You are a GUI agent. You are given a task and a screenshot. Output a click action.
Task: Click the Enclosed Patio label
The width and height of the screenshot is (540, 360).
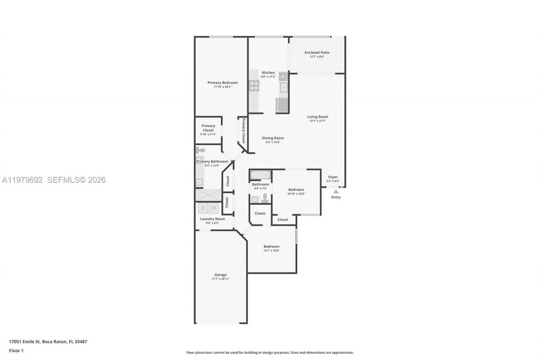pyautogui.click(x=317, y=53)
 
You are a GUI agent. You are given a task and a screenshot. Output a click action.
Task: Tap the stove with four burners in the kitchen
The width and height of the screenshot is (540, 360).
pyautogui.click(x=254, y=86)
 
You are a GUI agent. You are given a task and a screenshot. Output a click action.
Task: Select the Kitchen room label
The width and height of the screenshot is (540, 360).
pyautogui.click(x=268, y=73)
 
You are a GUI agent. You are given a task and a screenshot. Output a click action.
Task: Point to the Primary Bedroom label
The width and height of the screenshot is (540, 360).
pyautogui.click(x=222, y=83)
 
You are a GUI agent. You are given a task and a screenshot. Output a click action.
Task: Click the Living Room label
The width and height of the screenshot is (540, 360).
pyautogui.click(x=317, y=117)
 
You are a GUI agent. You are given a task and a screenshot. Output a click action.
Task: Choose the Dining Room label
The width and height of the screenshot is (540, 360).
pyautogui.click(x=273, y=138)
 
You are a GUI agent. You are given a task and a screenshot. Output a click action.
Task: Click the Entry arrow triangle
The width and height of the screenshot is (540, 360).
pyautogui.click(x=336, y=192)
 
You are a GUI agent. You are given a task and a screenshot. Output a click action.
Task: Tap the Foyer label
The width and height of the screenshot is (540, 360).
pyautogui.click(x=333, y=177)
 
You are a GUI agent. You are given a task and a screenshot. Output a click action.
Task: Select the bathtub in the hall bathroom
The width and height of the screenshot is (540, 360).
pyautogui.click(x=260, y=175)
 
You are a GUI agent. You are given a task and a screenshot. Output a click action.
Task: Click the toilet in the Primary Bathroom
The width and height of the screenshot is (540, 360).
pyautogui.click(x=200, y=150)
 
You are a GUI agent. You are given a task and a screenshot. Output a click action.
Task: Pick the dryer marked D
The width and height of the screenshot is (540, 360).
pyautogui.click(x=203, y=208)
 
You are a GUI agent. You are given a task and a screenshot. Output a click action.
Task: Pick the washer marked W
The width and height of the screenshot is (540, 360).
pyautogui.click(x=214, y=208)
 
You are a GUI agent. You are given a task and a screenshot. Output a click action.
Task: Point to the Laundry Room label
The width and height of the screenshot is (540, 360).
pyautogui.click(x=212, y=219)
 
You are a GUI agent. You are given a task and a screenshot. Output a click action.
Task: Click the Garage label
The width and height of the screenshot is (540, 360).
pyautogui.click(x=220, y=275)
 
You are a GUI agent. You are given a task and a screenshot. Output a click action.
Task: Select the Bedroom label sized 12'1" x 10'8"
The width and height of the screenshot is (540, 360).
pyautogui.click(x=271, y=246)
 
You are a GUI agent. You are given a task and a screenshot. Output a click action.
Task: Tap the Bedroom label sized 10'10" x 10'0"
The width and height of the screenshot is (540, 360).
pyautogui.click(x=296, y=190)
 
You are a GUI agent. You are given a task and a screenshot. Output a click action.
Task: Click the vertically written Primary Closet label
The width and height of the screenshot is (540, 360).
pyautogui.click(x=243, y=131)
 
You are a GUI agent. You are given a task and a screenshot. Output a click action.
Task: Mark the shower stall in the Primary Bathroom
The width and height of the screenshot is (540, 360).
pyautogui.click(x=208, y=195)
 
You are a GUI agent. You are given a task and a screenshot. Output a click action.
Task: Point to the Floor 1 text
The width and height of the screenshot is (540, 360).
pyautogui.click(x=16, y=351)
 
